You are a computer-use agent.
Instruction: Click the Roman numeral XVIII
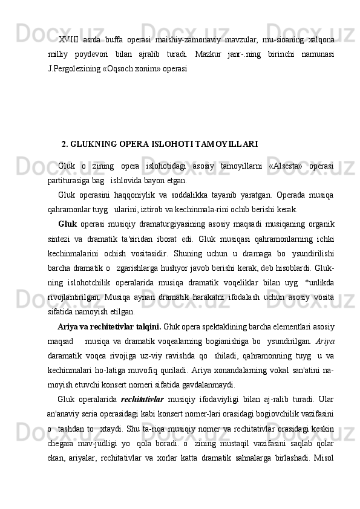click(69, 40)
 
